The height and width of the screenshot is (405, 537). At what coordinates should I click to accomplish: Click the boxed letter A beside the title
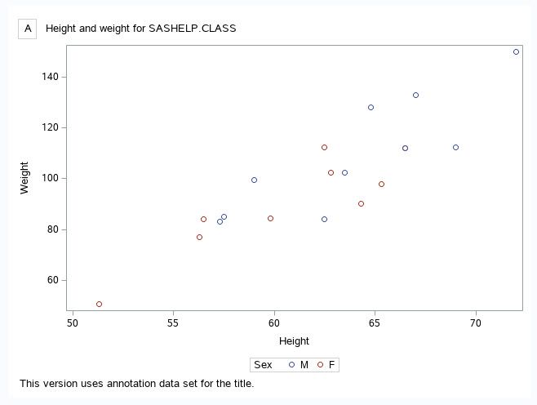click(x=28, y=29)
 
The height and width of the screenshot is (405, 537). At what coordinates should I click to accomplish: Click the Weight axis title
click(x=24, y=178)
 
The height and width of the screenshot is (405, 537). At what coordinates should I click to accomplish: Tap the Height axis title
click(x=294, y=340)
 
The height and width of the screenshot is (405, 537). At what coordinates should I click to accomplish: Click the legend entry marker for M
click(x=290, y=365)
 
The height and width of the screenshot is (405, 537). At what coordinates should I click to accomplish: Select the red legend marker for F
click(x=319, y=365)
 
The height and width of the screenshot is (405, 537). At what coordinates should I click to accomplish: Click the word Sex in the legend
click(x=263, y=365)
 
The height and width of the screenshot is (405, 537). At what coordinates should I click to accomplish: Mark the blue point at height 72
click(x=516, y=51)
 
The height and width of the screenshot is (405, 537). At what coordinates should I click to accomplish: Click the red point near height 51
click(x=99, y=304)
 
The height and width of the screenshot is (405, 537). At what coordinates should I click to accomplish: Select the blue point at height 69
click(x=455, y=147)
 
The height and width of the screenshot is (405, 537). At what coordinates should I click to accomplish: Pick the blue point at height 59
click(x=254, y=180)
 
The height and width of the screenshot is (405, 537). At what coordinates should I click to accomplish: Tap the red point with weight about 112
click(x=324, y=147)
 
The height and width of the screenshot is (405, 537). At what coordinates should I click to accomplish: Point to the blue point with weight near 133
click(x=415, y=95)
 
